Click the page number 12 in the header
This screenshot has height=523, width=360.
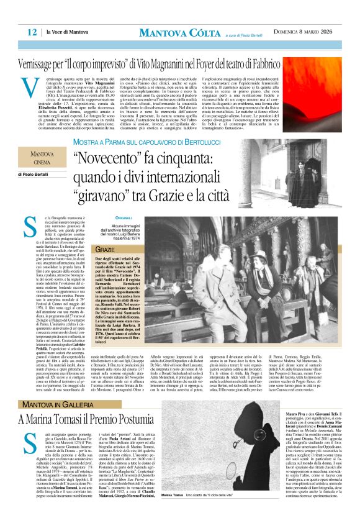(x=31, y=32)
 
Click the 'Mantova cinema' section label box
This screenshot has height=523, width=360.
(x=47, y=158)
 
